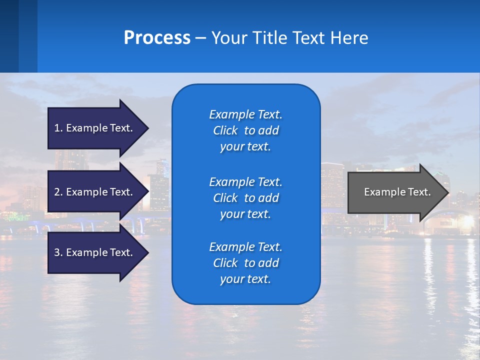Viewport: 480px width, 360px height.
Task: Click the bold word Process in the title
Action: pyautogui.click(x=157, y=38)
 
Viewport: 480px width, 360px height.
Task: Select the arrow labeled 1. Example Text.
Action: pyautogui.click(x=95, y=128)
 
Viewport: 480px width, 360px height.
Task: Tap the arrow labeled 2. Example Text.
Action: pyautogui.click(x=95, y=192)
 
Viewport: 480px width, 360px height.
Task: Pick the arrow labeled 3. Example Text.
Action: pyautogui.click(x=95, y=252)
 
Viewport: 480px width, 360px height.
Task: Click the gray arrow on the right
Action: pyautogui.click(x=395, y=192)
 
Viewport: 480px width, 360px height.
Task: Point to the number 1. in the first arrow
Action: pyautogui.click(x=58, y=128)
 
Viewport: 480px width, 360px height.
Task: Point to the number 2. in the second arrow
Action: pyautogui.click(x=58, y=192)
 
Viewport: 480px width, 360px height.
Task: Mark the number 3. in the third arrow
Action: pyautogui.click(x=58, y=252)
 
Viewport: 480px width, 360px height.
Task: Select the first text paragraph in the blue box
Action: pyautogui.click(x=245, y=130)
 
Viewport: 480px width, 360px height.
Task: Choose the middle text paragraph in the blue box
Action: pyautogui.click(x=245, y=197)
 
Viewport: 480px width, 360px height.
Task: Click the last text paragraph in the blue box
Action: pyautogui.click(x=245, y=263)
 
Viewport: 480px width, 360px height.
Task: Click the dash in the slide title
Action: pyautogui.click(x=200, y=38)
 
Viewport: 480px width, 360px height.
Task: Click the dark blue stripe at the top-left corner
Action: pyautogui.click(x=9, y=36)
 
